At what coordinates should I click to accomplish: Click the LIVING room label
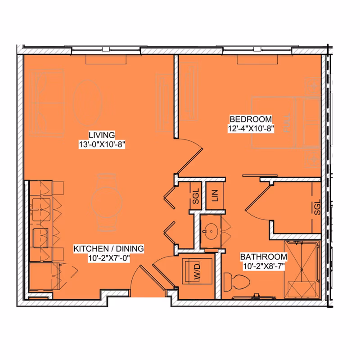click(102, 135)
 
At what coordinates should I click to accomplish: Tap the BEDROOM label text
click(251, 119)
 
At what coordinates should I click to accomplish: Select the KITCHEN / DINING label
click(108, 248)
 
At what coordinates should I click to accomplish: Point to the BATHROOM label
click(263, 256)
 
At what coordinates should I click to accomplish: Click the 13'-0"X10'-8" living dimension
click(101, 144)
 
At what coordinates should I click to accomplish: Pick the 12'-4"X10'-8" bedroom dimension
click(251, 128)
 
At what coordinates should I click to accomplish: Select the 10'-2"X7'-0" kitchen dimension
click(108, 258)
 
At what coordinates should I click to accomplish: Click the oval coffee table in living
click(87, 102)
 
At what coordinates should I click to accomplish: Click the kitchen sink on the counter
click(42, 208)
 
